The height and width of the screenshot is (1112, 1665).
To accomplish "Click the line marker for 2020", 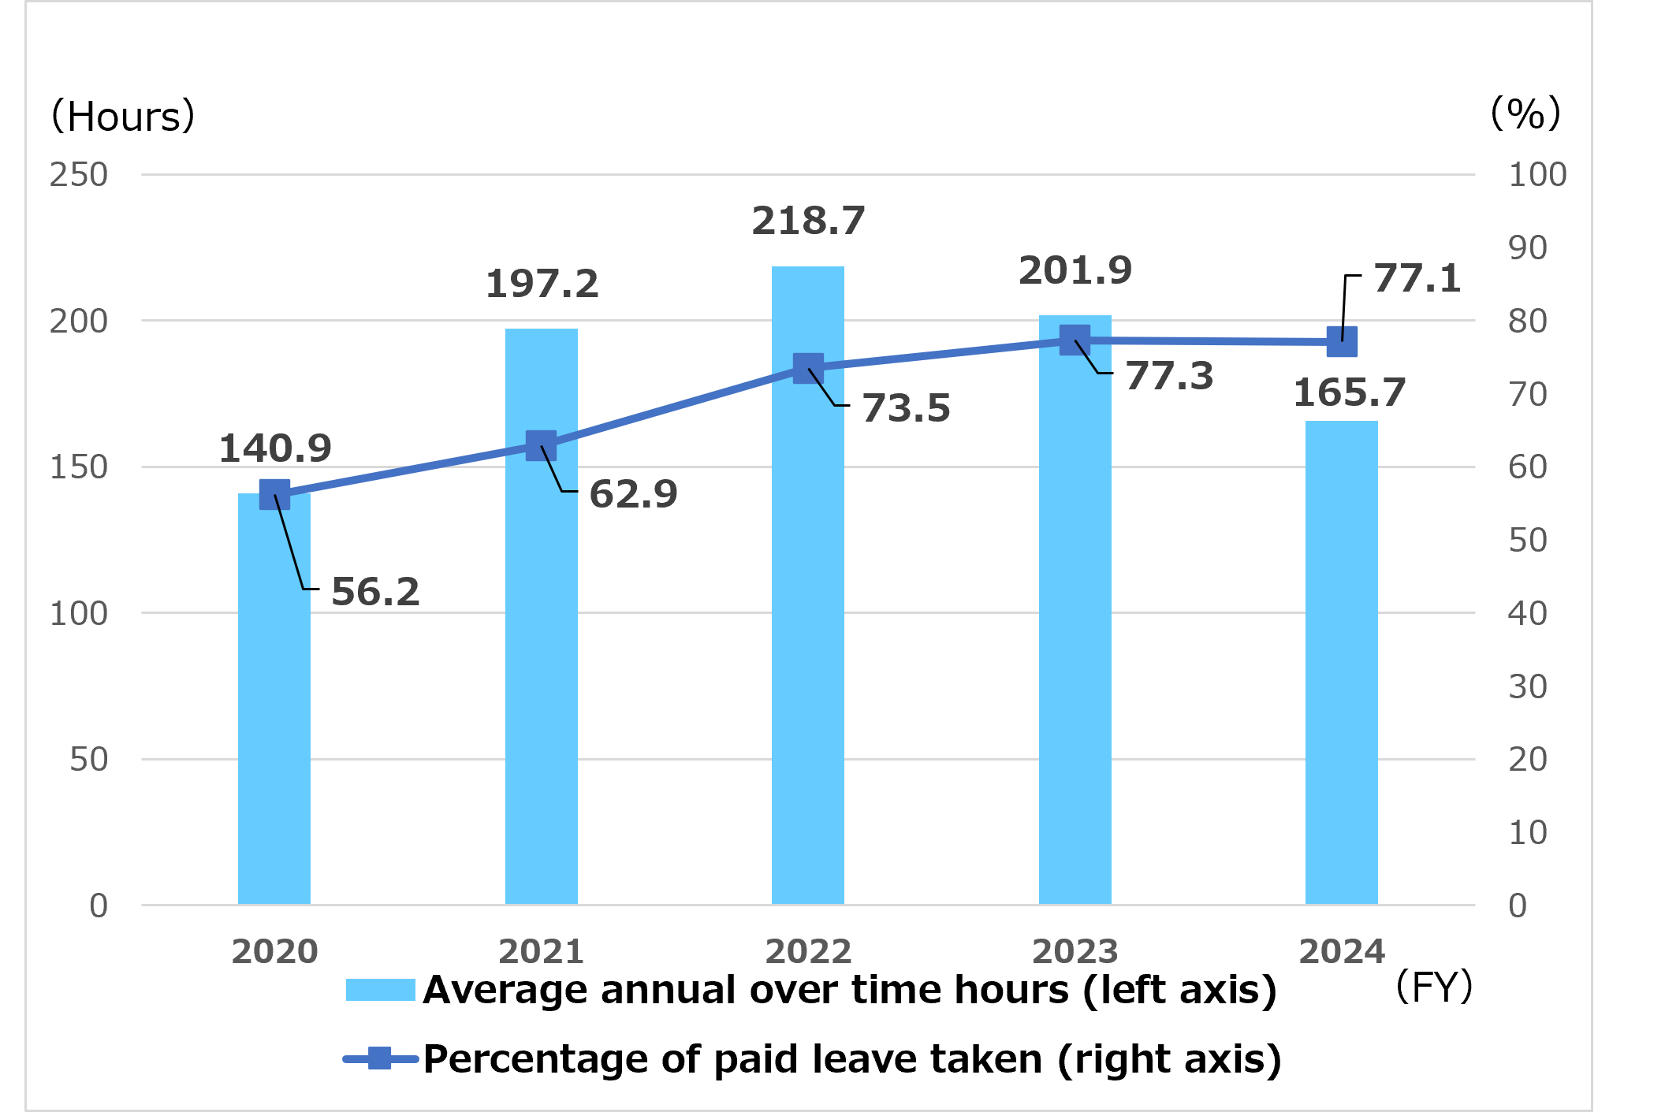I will [x=274, y=495].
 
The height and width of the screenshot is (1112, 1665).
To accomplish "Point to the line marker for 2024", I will [x=1342, y=342].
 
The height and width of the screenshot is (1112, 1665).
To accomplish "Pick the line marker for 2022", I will [x=808, y=368].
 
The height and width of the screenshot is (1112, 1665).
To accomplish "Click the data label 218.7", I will [x=808, y=221].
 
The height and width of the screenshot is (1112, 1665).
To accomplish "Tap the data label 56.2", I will [x=375, y=592].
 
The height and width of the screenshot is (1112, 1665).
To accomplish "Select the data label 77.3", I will [x=1169, y=376].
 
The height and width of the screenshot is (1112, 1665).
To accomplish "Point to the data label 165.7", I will [x=1350, y=393].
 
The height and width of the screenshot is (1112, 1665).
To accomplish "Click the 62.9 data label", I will [x=633, y=495].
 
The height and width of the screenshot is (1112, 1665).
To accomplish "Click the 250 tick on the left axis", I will [x=79, y=175].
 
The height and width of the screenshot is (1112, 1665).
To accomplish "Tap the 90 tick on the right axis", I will [x=1528, y=248].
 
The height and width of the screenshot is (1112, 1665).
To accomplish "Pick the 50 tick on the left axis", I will [x=88, y=760].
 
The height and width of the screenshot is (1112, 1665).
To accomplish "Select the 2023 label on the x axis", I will [x=1075, y=952].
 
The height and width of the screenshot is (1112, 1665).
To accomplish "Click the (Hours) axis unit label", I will [x=123, y=117].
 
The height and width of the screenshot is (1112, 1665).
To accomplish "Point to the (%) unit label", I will [x=1525, y=114].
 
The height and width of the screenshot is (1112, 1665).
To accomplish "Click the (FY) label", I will [x=1434, y=987].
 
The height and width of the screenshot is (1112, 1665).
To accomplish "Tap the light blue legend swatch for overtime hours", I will [x=380, y=990].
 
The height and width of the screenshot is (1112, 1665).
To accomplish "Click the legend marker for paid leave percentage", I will [x=380, y=1058].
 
